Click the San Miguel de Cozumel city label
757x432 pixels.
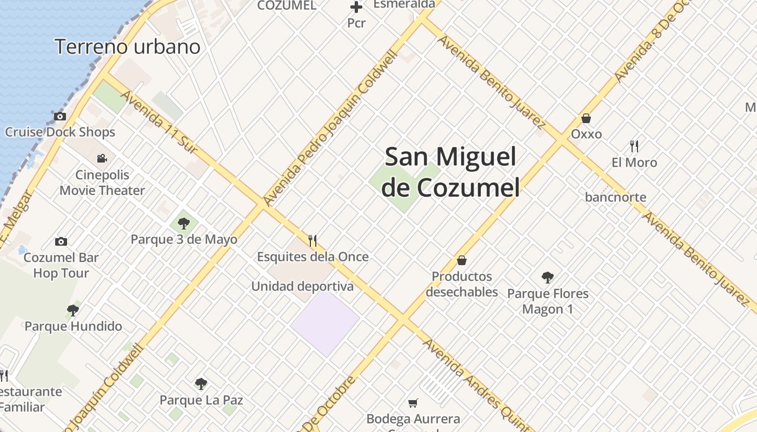pyautogui.click(x=450, y=172)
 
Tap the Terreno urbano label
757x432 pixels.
pyautogui.click(x=128, y=47)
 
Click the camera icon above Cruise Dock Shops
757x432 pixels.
pyautogui.click(x=59, y=116)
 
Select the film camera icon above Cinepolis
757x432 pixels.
pyautogui.click(x=102, y=158)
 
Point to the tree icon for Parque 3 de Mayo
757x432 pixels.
pyautogui.click(x=184, y=222)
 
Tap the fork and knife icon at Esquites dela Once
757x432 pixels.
pyautogui.click(x=313, y=240)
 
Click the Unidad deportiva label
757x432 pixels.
pyautogui.click(x=302, y=286)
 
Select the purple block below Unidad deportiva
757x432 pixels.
pyautogui.click(x=326, y=323)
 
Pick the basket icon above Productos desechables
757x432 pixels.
pyautogui.click(x=462, y=260)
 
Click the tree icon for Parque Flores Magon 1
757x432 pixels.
pyautogui.click(x=547, y=278)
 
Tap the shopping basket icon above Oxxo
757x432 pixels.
pyautogui.click(x=586, y=118)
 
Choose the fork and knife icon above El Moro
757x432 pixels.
pyautogui.click(x=634, y=146)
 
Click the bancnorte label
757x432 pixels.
pyautogui.click(x=615, y=197)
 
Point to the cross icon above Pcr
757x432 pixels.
pyautogui.click(x=356, y=8)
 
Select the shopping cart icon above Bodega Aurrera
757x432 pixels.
pyautogui.click(x=413, y=402)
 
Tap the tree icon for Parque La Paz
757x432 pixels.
pyautogui.click(x=201, y=384)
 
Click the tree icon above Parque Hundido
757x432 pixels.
pyautogui.click(x=73, y=310)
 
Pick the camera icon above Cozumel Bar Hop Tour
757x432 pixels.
pyautogui.click(x=61, y=241)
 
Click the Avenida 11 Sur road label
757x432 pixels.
pyautogui.click(x=160, y=122)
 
